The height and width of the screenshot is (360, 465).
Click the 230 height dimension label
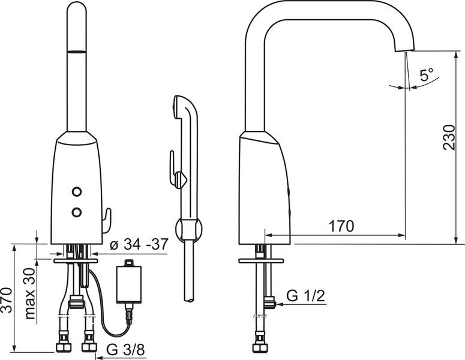coord(449,137)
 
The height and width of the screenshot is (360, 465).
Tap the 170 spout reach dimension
coord(341,226)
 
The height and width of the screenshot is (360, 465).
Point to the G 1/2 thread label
coord(305,296)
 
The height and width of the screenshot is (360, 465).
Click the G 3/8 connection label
coord(125,350)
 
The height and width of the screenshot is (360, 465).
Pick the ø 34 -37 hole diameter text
coord(139,244)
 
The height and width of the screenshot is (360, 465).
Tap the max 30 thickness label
coord(29,293)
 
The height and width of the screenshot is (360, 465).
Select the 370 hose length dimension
coord(6,300)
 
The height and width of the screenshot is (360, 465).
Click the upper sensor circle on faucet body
coord(77,192)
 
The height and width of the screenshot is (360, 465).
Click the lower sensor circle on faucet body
coord(77,212)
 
